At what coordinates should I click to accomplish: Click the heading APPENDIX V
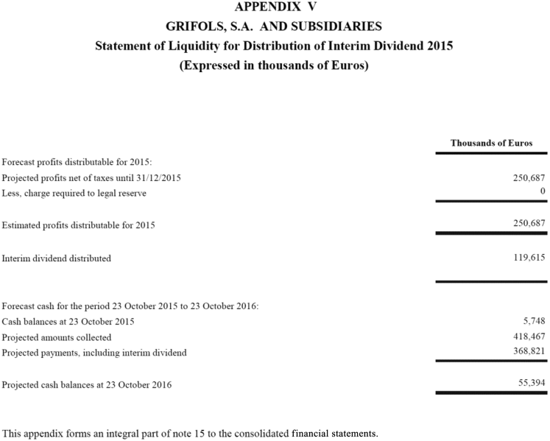pos(274,7)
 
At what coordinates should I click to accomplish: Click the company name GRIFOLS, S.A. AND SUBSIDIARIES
pos(274,27)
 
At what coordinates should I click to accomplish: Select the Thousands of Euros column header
pos(491,143)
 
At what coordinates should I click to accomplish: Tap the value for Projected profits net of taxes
pos(528,178)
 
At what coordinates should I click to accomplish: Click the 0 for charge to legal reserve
pos(542,192)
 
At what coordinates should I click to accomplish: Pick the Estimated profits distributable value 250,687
pos(528,223)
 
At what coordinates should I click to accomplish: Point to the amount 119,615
pos(528,258)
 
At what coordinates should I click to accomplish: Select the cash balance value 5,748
pos(533,322)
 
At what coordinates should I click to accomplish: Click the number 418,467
pos(528,337)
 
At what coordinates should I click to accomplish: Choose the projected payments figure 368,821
pos(528,352)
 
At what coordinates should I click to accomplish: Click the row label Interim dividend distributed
pos(57,258)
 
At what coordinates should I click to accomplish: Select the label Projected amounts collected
pos(57,337)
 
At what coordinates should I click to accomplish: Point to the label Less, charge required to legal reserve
pos(74,193)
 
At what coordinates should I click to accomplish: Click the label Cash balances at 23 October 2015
pos(68,322)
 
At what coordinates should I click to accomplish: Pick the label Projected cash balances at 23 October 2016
pos(87,384)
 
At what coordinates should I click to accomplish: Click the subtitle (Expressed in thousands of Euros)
pos(274,65)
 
